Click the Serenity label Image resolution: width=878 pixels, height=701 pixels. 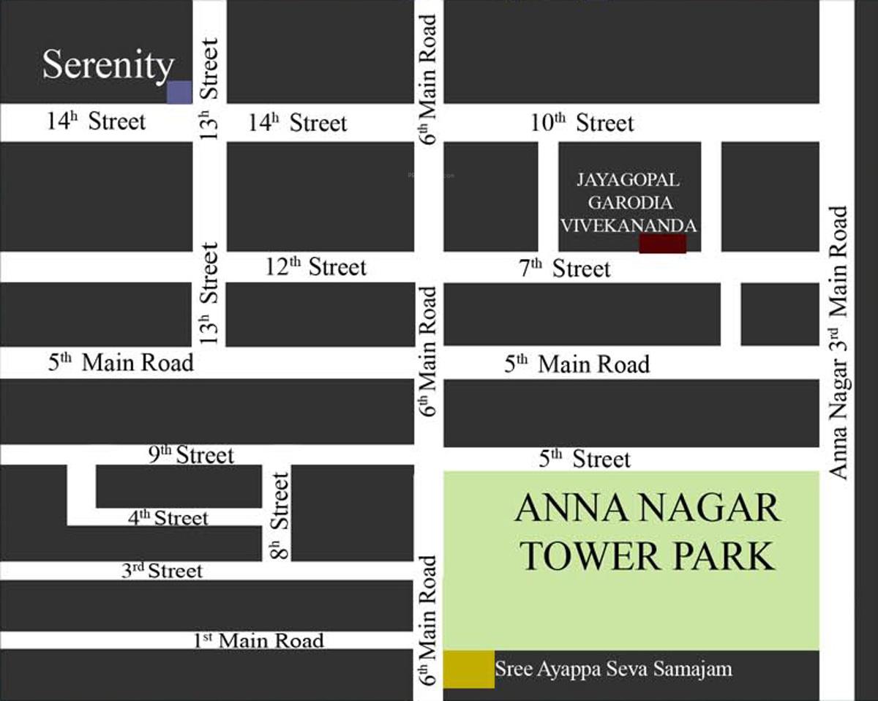coord(108,65)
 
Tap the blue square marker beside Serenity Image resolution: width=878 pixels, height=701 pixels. coord(179,92)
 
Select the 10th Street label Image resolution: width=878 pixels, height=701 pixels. coord(582,122)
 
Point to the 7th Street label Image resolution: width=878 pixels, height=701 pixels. coord(565,269)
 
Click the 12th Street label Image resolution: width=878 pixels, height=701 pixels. coord(315,266)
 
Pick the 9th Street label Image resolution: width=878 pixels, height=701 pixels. coord(191,454)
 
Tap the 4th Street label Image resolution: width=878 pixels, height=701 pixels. coord(168,517)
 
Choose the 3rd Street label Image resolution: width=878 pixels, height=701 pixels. coord(162,570)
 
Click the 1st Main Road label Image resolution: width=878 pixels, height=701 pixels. coord(258,640)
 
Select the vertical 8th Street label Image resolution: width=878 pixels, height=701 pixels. coord(280,515)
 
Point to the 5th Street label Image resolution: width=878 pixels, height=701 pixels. coord(585,459)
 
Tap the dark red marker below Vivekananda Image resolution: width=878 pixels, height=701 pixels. coord(663,244)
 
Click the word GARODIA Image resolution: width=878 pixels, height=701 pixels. coord(630,203)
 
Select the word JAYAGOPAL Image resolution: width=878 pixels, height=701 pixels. coord(629,180)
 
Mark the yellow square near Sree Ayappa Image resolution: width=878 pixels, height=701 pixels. coord(468,669)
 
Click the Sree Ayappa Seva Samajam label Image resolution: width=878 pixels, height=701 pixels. coord(613,668)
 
